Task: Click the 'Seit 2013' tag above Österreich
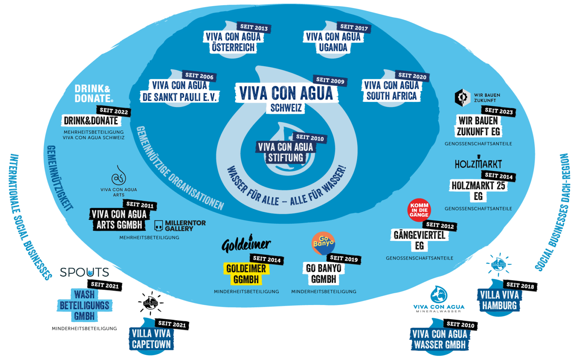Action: pyautogui.click(x=254, y=27)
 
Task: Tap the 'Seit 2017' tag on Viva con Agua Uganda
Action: pyautogui.click(x=354, y=27)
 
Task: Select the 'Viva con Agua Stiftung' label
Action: pyautogui.click(x=285, y=153)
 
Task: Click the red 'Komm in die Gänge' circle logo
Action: pyautogui.click(x=419, y=210)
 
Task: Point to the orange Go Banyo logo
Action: pyautogui.click(x=323, y=243)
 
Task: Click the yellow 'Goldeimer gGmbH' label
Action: pyautogui.click(x=246, y=274)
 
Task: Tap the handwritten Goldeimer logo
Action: pyautogui.click(x=246, y=244)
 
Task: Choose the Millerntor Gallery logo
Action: pyautogui.click(x=180, y=226)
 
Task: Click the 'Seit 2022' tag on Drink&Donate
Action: pyautogui.click(x=114, y=111)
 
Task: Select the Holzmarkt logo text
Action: pyautogui.click(x=478, y=164)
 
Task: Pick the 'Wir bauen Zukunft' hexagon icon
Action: pyautogui.click(x=462, y=97)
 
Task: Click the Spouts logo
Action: pyautogui.click(x=85, y=272)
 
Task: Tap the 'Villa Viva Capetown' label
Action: pyautogui.click(x=151, y=339)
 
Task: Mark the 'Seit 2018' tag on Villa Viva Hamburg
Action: pyautogui.click(x=520, y=286)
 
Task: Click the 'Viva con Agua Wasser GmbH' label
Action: pyautogui.click(x=440, y=339)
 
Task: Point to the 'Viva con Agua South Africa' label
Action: pyautogui.click(x=391, y=90)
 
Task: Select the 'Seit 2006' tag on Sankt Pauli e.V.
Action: pyautogui.click(x=199, y=76)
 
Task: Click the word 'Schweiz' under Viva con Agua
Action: pyautogui.click(x=286, y=108)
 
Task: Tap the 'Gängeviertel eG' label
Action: pyautogui.click(x=419, y=240)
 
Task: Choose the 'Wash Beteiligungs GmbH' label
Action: pyautogui.click(x=85, y=305)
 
